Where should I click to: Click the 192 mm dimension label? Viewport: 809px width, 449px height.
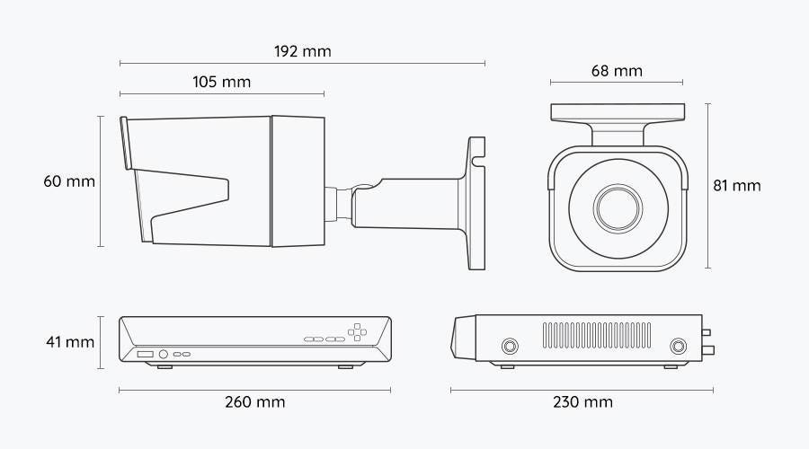pyautogui.click(x=302, y=51)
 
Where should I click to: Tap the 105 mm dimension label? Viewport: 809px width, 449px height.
pyautogui.click(x=221, y=82)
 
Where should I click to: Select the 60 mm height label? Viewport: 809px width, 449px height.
pyautogui.click(x=69, y=181)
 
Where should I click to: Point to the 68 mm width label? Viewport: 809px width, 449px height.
pyautogui.click(x=617, y=71)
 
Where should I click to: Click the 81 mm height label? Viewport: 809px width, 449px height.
pyautogui.click(x=737, y=186)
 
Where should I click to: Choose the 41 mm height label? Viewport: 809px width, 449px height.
pyautogui.click(x=70, y=342)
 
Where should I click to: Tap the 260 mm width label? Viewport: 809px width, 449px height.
pyautogui.click(x=255, y=402)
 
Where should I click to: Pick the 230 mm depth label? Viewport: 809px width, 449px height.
pyautogui.click(x=583, y=402)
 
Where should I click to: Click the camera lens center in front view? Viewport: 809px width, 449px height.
pyautogui.click(x=618, y=208)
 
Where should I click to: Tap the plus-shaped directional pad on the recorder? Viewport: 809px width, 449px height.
pyautogui.click(x=357, y=332)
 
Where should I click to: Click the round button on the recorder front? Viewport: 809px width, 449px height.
pyautogui.click(x=163, y=354)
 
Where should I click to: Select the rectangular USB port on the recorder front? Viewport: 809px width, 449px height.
pyautogui.click(x=145, y=354)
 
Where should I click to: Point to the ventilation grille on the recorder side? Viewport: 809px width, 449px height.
pyautogui.click(x=597, y=335)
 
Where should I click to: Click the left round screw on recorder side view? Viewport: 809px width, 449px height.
pyautogui.click(x=510, y=346)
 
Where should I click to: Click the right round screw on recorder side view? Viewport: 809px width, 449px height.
pyautogui.click(x=678, y=346)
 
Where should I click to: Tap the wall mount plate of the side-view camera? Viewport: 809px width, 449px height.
pyautogui.click(x=476, y=203)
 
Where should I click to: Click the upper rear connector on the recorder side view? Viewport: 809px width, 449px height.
pyautogui.click(x=707, y=332)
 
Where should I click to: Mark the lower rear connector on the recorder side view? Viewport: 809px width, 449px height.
pyautogui.click(x=708, y=351)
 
